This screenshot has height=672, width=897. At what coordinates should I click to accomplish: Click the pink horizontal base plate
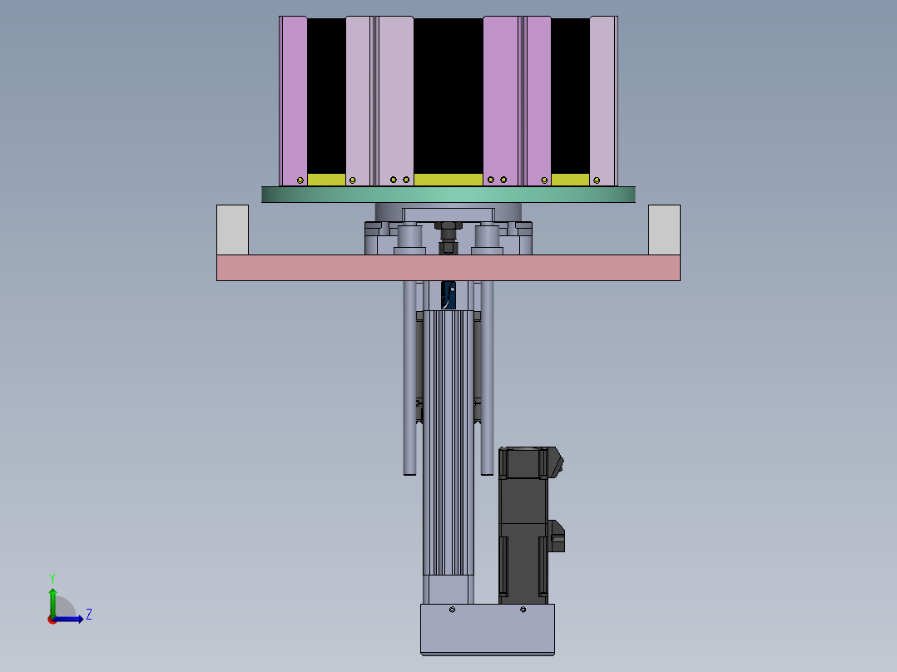448,268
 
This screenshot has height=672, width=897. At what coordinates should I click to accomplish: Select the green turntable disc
448,195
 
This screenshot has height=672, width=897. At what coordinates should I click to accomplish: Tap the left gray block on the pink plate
232,230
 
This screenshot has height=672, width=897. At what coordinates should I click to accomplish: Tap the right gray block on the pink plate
664,230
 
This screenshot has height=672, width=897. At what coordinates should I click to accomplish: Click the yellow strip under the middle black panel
448,180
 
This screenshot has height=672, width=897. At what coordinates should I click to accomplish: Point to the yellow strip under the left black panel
326,180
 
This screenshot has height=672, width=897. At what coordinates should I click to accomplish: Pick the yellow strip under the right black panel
570,180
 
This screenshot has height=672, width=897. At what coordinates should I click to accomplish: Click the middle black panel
448,96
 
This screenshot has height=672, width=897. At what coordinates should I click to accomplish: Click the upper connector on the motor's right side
556,462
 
